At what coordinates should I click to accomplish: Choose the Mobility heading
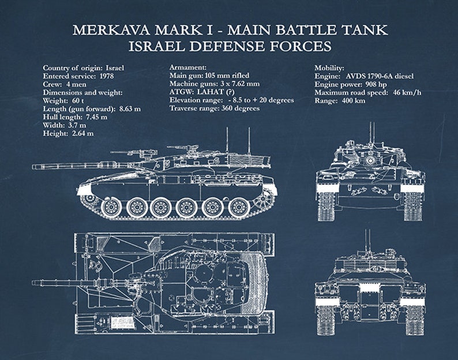(x=329, y=67)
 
